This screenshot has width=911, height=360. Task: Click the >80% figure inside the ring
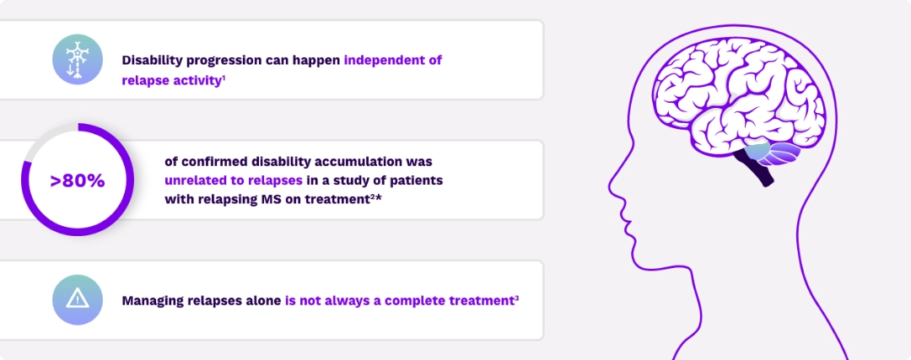click(x=78, y=180)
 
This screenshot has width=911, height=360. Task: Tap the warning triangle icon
click(x=78, y=299)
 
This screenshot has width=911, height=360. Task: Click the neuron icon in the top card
click(x=78, y=60)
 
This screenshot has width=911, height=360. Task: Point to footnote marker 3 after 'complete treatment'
click(x=515, y=297)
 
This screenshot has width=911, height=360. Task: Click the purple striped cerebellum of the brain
click(x=782, y=154)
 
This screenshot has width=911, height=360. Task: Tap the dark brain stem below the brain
click(x=763, y=172)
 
